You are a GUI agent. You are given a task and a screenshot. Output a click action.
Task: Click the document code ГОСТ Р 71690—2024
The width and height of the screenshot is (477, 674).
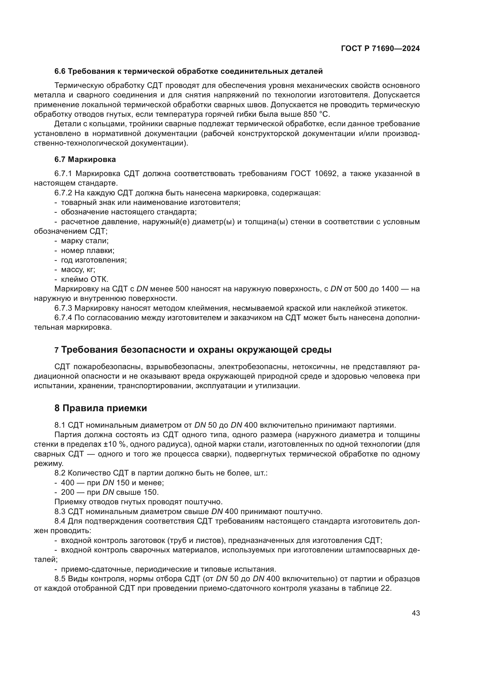tap(380, 49)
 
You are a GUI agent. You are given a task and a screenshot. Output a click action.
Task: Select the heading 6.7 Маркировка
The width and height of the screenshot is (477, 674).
tap(85, 159)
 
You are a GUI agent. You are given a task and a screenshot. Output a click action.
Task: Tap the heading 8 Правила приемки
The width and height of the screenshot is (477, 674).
tap(100, 408)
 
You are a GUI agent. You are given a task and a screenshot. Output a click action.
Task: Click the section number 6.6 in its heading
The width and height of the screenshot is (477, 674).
tap(60, 71)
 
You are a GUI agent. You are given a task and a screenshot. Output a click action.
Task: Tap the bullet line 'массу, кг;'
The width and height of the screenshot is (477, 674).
tap(78, 269)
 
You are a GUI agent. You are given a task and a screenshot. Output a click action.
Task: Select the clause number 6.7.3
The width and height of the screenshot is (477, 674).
tap(63, 308)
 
